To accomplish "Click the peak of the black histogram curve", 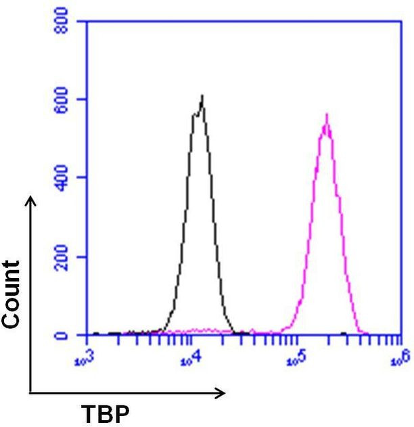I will click(x=202, y=96).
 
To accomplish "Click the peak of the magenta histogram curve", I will click(x=327, y=114).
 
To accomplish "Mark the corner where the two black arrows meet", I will click(x=30, y=392).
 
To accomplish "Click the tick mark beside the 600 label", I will click(x=82, y=99).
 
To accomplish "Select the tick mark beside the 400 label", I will click(x=82, y=178).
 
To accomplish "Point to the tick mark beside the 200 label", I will click(x=82, y=256).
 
